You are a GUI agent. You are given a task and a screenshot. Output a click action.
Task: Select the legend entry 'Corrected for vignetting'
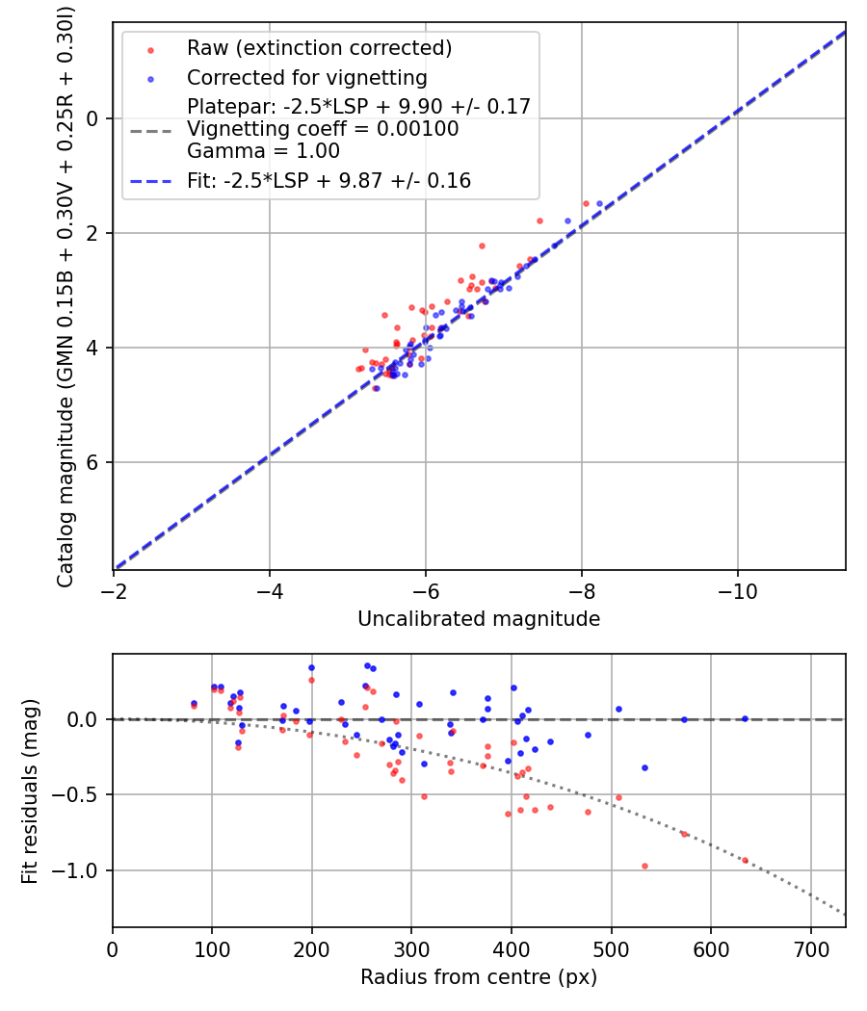point(307,77)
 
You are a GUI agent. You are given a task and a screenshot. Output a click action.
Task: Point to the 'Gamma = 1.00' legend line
point(263,151)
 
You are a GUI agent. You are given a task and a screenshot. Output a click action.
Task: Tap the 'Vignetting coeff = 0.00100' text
point(323,129)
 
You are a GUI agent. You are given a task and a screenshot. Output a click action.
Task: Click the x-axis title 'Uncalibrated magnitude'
point(479,619)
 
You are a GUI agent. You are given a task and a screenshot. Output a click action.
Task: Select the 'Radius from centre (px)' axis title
point(479,977)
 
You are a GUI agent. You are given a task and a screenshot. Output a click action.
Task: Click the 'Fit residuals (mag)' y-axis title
point(30,791)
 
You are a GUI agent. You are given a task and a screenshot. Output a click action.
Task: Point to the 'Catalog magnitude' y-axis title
point(66,295)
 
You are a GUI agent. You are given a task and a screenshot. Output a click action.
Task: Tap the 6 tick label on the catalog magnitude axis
point(93,462)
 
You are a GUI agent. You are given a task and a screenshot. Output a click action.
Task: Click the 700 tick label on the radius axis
point(810,949)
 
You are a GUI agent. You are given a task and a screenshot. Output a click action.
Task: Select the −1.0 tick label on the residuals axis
point(83,870)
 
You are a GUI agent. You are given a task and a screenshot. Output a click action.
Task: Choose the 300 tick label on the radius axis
point(411,949)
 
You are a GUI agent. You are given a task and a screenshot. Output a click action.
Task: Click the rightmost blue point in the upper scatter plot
point(599,203)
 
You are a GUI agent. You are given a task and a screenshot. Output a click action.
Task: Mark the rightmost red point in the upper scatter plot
point(586,203)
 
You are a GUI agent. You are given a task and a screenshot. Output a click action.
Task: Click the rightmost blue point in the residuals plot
point(745,718)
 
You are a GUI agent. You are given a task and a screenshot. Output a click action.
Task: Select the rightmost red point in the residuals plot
point(745,860)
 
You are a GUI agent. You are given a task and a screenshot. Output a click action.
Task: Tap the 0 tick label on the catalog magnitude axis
point(93,118)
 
